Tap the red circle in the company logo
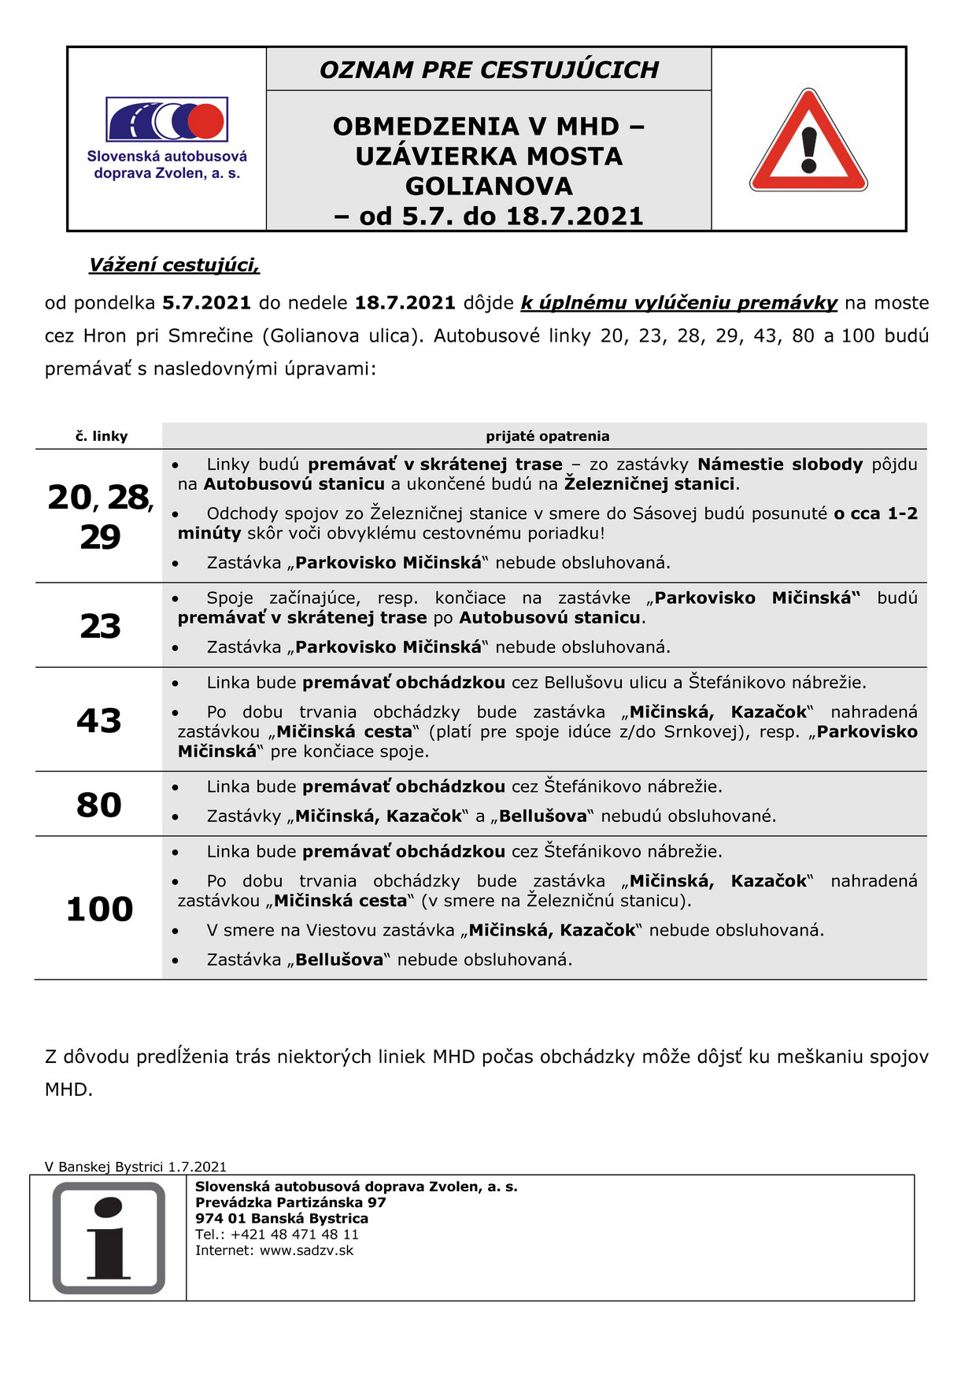206,120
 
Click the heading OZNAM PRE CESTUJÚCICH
489,69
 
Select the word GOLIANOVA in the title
489,186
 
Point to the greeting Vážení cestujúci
174,265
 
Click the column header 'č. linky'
102,436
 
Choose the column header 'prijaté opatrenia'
547,436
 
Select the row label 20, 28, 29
100,516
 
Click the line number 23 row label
100,626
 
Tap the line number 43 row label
99,720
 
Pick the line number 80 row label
99,805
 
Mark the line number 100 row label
99,909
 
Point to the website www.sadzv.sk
306,1250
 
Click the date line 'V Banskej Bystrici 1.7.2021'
135,1167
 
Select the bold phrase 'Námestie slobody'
780,465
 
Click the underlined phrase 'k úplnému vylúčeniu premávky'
679,303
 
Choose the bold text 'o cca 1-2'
875,513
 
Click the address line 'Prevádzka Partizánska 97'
290,1202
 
